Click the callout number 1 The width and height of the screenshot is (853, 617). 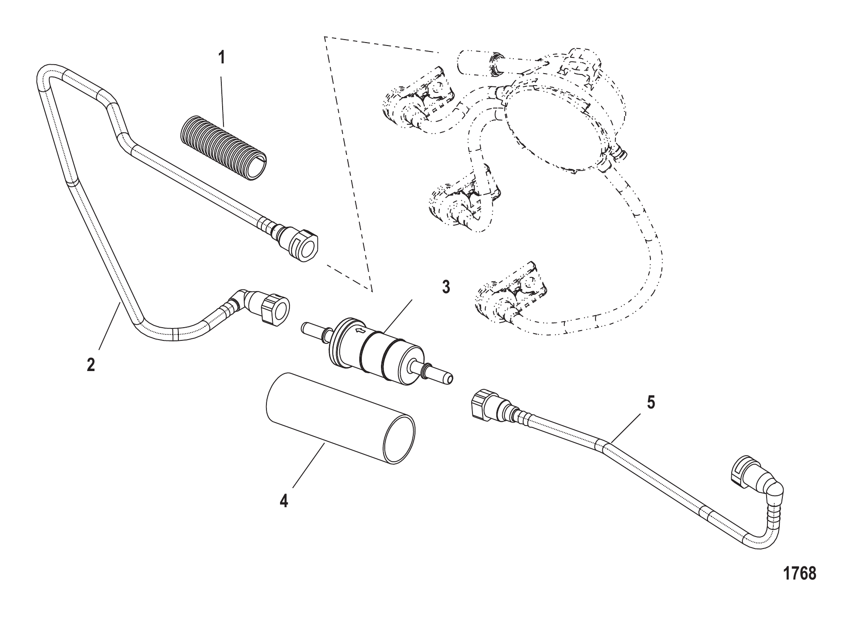coord(221,57)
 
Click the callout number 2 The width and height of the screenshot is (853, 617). coord(91,365)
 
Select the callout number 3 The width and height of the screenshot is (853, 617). coord(445,287)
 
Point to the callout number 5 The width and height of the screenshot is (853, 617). coord(651,402)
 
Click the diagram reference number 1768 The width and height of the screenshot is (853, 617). coord(799,573)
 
